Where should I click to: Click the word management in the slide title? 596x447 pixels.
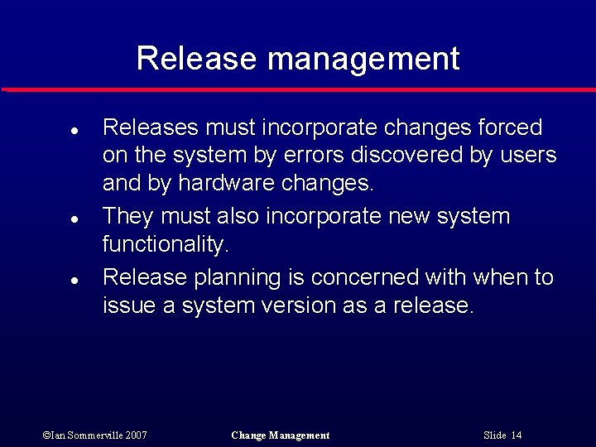[363, 60]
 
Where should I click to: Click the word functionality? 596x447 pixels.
[164, 244]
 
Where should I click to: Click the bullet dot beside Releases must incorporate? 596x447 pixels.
[74, 131]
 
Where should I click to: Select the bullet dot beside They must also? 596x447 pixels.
[74, 220]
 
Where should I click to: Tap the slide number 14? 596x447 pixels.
[517, 435]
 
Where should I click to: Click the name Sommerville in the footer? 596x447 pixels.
[99, 435]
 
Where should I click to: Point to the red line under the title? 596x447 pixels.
[298, 89]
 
